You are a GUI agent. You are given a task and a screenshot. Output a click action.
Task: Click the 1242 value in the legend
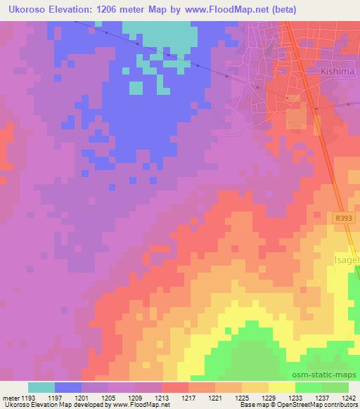(349, 397)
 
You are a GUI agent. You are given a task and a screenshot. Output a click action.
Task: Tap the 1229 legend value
(269, 397)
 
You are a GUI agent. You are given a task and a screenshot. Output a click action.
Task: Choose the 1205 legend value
(109, 397)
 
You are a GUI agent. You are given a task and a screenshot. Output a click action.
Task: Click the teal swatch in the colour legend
(41, 387)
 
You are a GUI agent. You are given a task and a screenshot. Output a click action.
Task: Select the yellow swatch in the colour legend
(281, 387)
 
